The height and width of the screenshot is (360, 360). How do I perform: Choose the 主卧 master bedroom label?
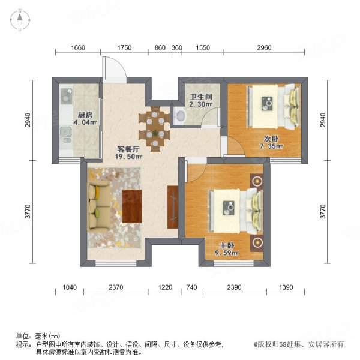click(226, 245)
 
